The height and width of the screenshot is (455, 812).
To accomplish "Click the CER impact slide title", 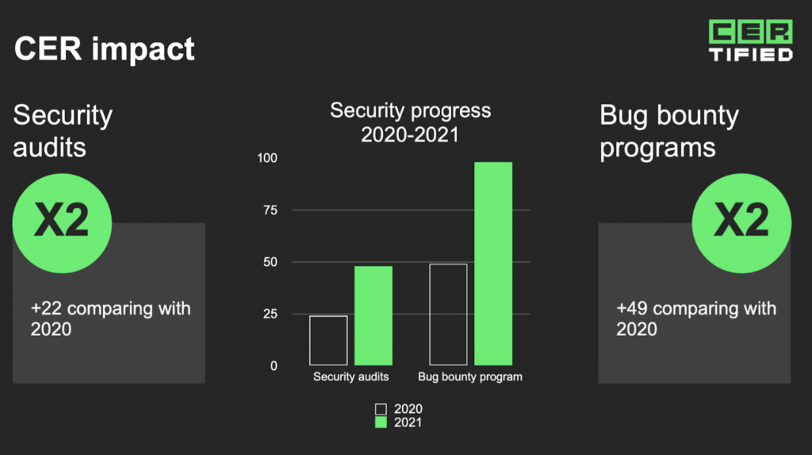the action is [104, 48].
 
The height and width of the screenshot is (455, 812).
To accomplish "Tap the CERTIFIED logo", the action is [750, 40].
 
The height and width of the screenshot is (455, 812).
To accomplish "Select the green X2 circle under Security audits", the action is [62, 223].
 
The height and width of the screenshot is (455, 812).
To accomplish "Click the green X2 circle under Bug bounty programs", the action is [741, 223].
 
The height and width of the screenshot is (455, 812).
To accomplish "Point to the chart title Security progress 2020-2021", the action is [410, 122].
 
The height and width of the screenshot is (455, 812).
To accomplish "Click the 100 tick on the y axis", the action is [267, 158].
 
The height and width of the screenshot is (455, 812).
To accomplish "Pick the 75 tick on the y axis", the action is [270, 210].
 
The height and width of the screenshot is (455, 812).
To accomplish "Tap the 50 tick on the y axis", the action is [270, 262].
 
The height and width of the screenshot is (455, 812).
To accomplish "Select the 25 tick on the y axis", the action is [270, 314].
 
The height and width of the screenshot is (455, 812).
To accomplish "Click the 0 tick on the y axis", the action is [274, 366].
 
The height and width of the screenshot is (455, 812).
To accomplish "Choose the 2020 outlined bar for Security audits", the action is [328, 341].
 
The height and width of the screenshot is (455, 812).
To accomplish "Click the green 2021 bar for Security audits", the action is [373, 315].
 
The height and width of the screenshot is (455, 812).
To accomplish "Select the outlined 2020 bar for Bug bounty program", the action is [449, 314].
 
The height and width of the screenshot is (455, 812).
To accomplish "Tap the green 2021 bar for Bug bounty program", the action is [493, 264].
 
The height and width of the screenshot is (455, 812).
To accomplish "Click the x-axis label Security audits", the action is [350, 376].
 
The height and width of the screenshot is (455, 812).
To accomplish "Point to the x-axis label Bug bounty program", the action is [470, 376].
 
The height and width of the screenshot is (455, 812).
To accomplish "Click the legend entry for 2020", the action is [399, 409].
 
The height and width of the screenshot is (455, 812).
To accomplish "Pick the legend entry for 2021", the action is [399, 422].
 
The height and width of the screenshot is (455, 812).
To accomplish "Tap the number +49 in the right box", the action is [632, 309].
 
